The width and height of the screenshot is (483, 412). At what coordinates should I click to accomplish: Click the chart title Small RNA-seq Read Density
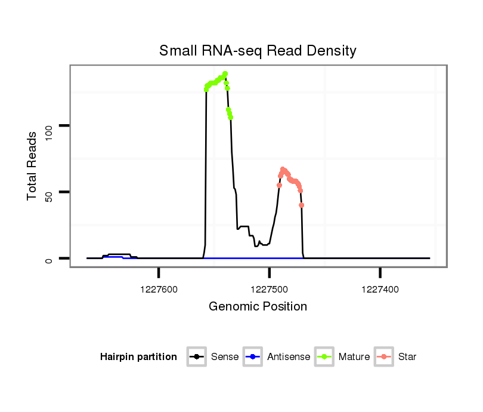258,51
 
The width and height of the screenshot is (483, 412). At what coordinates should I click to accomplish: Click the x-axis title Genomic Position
258,307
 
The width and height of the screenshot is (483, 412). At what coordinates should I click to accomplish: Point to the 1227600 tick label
159,289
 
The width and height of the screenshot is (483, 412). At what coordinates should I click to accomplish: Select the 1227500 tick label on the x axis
270,289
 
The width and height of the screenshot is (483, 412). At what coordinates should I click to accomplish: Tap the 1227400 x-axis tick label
380,289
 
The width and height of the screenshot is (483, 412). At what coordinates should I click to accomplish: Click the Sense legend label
225,357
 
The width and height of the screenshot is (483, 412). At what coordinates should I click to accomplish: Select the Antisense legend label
289,357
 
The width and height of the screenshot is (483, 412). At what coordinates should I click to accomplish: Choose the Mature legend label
354,357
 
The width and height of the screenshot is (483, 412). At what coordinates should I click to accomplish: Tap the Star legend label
407,357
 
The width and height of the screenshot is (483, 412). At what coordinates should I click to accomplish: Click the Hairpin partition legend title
138,357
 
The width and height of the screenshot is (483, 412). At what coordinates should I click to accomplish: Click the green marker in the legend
324,357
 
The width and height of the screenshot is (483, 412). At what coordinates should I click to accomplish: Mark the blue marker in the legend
253,357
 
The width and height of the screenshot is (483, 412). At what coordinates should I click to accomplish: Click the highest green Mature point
225,74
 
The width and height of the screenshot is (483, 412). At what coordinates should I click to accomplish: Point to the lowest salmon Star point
302,205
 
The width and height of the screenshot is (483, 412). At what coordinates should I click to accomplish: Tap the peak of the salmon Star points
283,170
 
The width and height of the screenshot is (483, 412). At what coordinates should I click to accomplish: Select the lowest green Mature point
231,118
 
